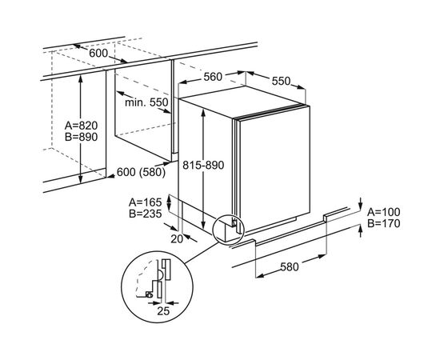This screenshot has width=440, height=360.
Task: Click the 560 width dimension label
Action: tap(213, 77)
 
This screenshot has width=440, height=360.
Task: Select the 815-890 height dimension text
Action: tap(203, 166)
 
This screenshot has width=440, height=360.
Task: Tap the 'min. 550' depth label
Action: tap(146, 102)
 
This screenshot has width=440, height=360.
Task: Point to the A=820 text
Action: tap(81, 126)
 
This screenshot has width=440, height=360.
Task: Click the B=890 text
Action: tap(81, 137)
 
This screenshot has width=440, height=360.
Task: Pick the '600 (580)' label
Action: tap(141, 172)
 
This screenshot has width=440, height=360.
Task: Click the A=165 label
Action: tap(146, 202)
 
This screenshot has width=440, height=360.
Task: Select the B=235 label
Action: tap(146, 214)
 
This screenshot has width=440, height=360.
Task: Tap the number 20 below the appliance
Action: tap(177, 239)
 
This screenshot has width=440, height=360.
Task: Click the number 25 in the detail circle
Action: tap(163, 311)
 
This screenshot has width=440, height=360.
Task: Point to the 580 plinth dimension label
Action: tap(290, 267)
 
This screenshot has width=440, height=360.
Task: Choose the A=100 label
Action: tap(383, 212)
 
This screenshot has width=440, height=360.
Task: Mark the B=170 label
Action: tap(383, 224)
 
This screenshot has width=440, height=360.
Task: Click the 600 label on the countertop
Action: tap(98, 53)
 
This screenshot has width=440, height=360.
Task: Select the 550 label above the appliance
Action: tap(281, 81)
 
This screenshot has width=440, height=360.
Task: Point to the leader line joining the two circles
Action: tap(202, 253)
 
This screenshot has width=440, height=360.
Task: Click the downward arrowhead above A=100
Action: tap(361, 205)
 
